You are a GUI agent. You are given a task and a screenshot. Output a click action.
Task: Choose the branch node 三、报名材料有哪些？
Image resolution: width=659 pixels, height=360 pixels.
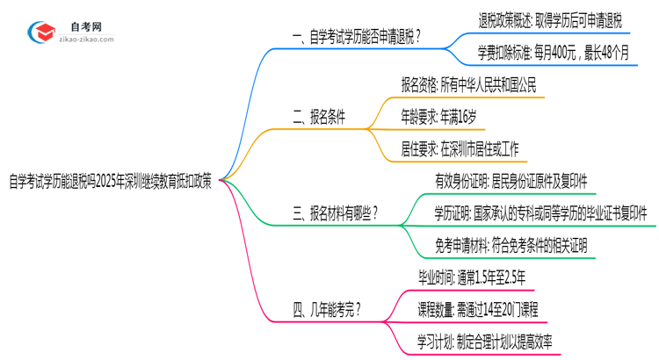337,212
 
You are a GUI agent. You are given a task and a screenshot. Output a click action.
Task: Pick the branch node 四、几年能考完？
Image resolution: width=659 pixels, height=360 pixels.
326,310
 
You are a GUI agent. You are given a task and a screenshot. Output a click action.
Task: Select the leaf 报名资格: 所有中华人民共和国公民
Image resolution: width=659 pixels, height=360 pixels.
467,86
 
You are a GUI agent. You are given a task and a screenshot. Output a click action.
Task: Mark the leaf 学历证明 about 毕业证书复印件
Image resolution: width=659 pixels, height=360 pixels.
540,212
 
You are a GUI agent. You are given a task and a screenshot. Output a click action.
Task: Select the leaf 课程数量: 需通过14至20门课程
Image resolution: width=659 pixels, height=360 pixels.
478,309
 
